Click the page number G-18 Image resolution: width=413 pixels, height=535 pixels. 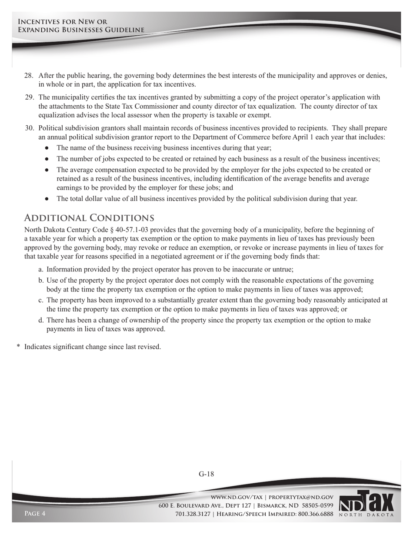pyautogui.click(x=206, y=474)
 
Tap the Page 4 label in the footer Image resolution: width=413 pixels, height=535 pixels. pyautogui.click(x=35, y=514)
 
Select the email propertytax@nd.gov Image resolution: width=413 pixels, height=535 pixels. pyautogui.click(x=301, y=497)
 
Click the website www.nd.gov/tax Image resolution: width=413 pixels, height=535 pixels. pyautogui.click(x=236, y=497)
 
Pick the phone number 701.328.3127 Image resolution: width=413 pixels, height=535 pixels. pyautogui.click(x=193, y=514)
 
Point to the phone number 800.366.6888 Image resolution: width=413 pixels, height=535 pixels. pyautogui.click(x=316, y=514)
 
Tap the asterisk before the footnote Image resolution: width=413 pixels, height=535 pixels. pyautogui.click(x=18, y=347)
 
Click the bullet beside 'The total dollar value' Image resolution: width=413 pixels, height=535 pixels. pyautogui.click(x=47, y=199)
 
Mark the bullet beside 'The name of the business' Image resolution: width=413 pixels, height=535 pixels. pyautogui.click(x=47, y=148)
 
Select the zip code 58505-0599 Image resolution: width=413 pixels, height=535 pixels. pyautogui.click(x=316, y=505)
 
